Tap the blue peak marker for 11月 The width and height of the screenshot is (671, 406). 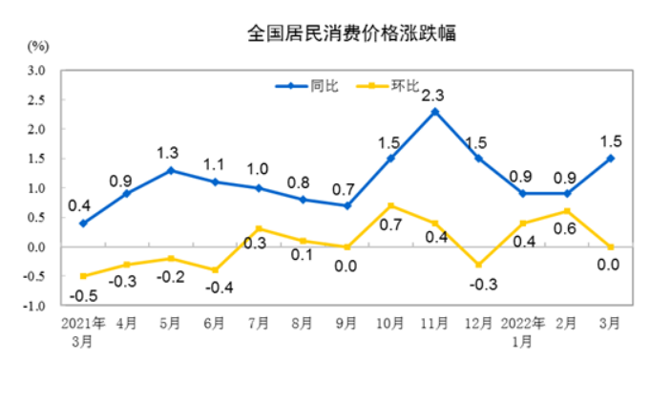tap(435, 112)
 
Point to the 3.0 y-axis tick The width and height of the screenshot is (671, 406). tap(38, 71)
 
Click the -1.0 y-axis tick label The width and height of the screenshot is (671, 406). tap(36, 307)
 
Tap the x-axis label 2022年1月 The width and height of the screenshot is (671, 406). tap(523, 331)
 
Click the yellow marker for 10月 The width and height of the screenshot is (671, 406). tap(391, 205)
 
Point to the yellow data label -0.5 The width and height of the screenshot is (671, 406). tap(84, 294)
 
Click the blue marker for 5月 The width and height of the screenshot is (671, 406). tap(172, 170)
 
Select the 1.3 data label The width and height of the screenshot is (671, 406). tap(169, 152)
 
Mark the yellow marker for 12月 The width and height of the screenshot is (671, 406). tap(479, 265)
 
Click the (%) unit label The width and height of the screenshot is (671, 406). tap(38, 46)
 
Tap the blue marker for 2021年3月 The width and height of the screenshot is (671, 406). tap(84, 224)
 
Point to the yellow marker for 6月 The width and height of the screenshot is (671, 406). tap(216, 270)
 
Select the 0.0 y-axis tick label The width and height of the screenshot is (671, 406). tap(38, 247)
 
